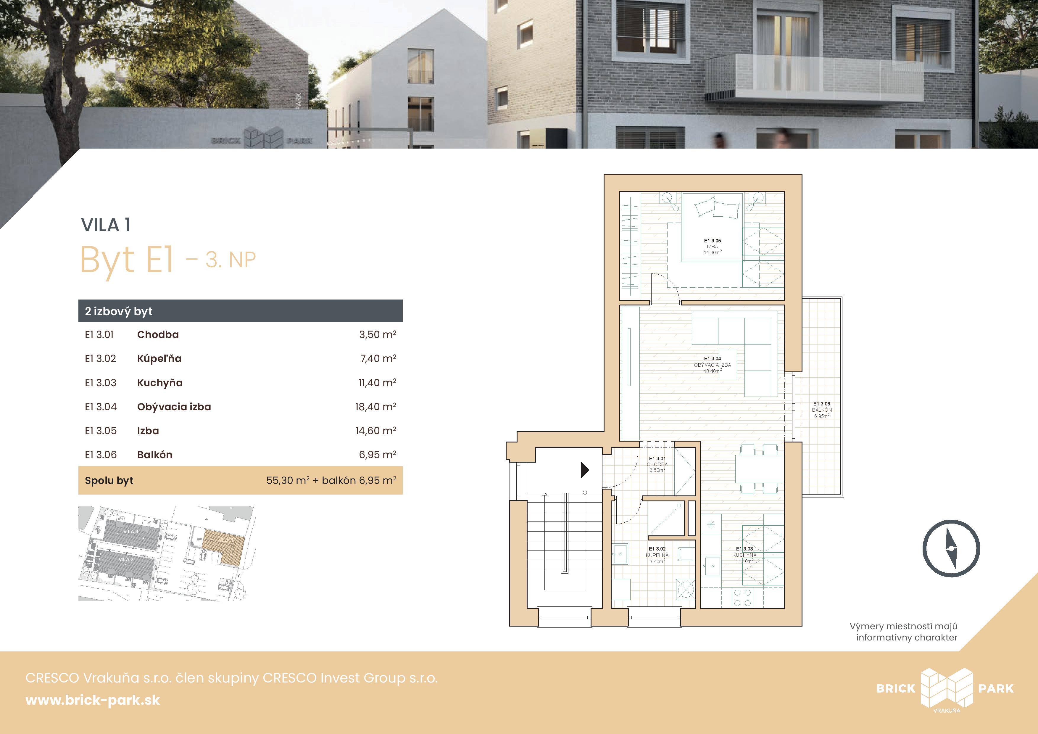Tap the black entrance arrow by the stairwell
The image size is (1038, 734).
tap(585, 470)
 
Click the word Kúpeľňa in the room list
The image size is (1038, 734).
tap(159, 359)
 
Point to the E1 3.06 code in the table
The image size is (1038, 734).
tap(101, 455)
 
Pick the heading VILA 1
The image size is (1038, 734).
tap(106, 225)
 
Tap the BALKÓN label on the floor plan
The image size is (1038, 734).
tap(821, 410)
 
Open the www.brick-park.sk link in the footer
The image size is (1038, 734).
tap(93, 700)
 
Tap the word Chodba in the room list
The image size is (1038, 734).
tap(158, 335)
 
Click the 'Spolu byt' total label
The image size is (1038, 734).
tap(109, 480)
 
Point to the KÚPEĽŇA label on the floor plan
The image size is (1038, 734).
tap(657, 555)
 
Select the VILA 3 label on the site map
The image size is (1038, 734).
tap(131, 531)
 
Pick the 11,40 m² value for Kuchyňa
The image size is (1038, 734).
tap(377, 383)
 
